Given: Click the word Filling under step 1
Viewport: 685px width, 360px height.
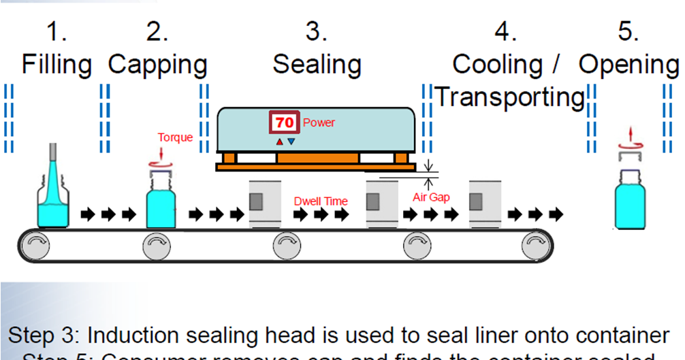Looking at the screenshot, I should [57, 65].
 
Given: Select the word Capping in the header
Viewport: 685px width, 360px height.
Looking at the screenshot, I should [157, 65].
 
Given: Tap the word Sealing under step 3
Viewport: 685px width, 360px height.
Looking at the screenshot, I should [317, 65].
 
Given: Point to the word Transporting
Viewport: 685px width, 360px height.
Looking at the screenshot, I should [510, 97].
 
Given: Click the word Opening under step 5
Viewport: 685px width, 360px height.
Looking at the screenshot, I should [628, 65].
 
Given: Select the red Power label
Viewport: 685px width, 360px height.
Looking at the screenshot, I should [319, 123].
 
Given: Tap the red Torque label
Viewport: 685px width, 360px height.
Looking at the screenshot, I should [175, 137].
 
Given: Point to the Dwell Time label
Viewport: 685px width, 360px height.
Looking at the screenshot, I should [321, 201].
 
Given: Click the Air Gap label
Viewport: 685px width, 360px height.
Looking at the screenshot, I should [431, 197].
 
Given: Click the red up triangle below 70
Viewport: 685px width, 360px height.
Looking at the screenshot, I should [278, 142].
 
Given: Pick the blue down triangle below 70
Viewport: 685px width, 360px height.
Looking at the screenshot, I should [291, 142].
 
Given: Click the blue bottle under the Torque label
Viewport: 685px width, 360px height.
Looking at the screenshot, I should [161, 201].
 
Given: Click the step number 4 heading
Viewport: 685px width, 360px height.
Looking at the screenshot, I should [505, 32].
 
